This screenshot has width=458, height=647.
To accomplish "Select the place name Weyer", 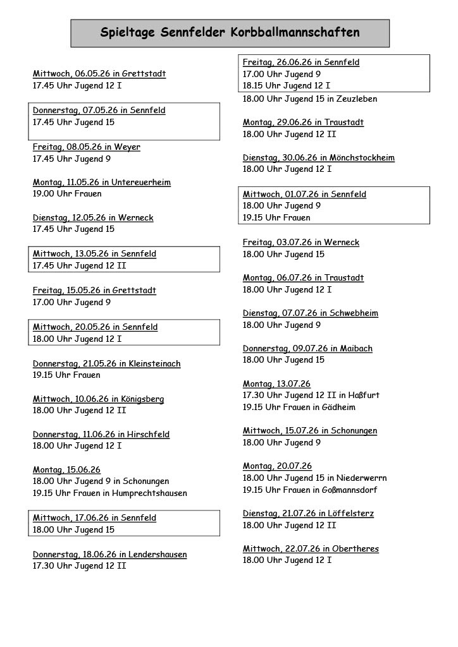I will coord(127,147).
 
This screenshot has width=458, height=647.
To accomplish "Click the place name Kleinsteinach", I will coord(154,364).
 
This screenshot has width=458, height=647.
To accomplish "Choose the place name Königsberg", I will coord(143,399).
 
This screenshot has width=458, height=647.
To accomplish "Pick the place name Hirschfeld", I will coord(149,435).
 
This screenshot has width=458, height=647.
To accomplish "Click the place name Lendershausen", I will coord(158,555).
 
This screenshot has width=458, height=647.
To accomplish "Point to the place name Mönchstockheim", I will coord(362,158).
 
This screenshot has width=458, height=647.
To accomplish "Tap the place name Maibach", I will coord(356,349).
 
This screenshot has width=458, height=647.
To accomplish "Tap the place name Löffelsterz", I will coord(352,514).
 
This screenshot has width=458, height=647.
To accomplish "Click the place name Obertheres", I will coord(354,549).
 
